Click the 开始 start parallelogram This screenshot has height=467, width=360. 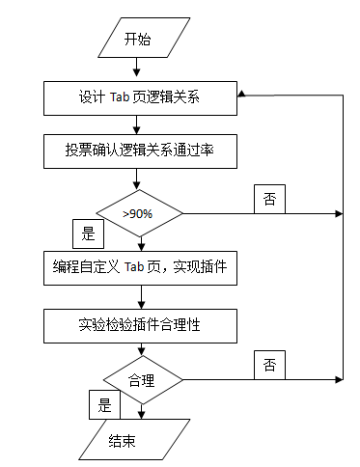(139, 40)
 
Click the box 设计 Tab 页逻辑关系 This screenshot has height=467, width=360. (139, 96)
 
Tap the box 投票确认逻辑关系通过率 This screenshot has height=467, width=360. (139, 151)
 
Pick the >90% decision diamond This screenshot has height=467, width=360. (140, 211)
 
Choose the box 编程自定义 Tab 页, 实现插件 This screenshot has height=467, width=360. (139, 267)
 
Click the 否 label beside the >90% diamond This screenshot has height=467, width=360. (269, 198)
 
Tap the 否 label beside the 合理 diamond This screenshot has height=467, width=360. (269, 365)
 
